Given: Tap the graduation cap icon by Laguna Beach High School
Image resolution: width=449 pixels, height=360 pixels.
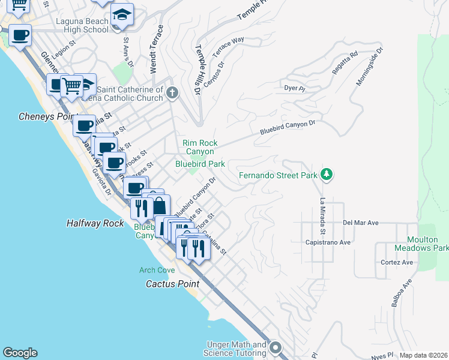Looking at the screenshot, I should click(x=122, y=15).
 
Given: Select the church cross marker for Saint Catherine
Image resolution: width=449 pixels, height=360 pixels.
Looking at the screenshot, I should click(x=173, y=92).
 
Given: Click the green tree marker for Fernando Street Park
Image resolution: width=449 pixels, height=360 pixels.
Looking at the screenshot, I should click(x=327, y=175).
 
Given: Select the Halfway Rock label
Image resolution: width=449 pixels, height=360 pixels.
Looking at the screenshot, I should click(x=95, y=223).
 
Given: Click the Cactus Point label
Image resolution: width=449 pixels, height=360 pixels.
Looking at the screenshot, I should click(x=172, y=283).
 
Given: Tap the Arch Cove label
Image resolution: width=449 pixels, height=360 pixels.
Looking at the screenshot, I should click(x=157, y=271).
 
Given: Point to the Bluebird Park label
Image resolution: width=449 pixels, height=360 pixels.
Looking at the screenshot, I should click(x=200, y=163).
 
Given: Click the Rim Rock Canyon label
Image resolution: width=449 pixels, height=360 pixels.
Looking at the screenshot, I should click(x=200, y=147).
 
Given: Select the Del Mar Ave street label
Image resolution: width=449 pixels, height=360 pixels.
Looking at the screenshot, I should click(x=361, y=222).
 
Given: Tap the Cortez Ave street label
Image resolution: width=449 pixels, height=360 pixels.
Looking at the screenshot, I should click(x=397, y=262).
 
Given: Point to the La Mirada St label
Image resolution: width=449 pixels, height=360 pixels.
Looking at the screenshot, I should click(x=322, y=217).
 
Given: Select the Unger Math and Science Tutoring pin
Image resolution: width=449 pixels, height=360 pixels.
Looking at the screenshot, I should click(x=276, y=347).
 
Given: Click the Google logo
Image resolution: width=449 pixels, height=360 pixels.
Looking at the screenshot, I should click(x=20, y=353).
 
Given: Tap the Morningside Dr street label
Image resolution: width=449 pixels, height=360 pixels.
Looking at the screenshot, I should click(x=369, y=67).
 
